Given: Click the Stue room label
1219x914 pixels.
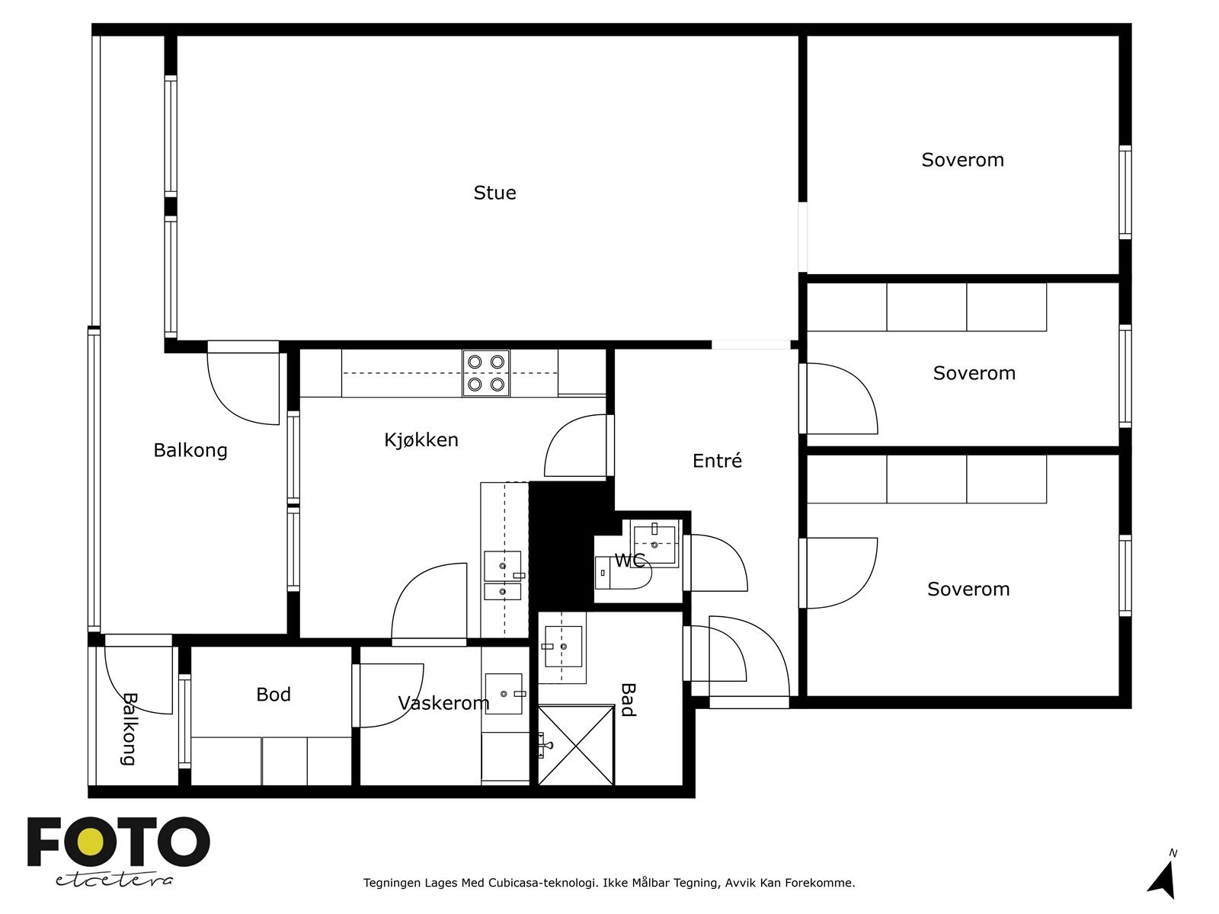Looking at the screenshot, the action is click(494, 193).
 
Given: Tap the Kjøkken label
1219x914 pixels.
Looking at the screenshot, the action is click(421, 440).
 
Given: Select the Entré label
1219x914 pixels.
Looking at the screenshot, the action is click(717, 460).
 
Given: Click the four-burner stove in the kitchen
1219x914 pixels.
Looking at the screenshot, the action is click(486, 373).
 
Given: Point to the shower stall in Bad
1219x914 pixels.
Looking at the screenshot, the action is click(577, 745).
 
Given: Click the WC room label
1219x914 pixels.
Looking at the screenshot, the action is click(630, 561).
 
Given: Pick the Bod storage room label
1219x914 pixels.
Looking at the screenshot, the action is click(274, 694).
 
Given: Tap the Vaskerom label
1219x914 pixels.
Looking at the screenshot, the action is click(443, 703).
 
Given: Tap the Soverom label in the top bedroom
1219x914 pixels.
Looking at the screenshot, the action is click(962, 160).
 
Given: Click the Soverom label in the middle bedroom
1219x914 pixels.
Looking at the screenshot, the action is click(974, 373).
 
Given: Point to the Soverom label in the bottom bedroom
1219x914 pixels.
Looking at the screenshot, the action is click(968, 589).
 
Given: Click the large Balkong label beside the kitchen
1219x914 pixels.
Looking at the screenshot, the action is click(190, 450).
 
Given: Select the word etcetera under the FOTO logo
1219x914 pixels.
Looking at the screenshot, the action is click(114, 880).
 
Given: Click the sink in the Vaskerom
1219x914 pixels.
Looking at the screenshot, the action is click(504, 694).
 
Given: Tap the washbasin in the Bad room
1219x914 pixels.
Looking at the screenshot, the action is click(563, 647).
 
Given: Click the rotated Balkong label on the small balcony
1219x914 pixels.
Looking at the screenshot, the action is click(129, 729).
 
